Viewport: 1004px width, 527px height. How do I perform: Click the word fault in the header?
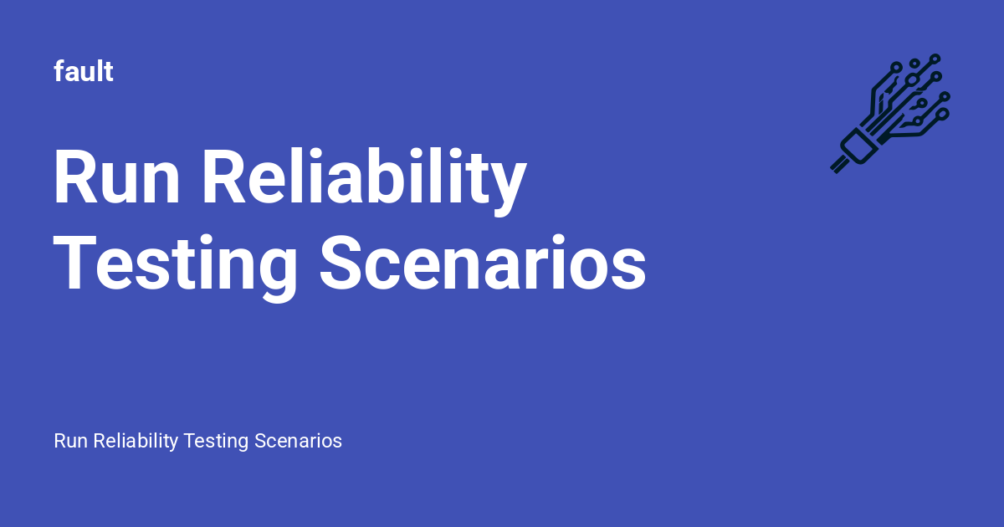click(x=84, y=72)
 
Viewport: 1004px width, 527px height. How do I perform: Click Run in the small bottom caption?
click(x=70, y=441)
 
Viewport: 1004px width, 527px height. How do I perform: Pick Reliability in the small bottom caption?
click(x=135, y=441)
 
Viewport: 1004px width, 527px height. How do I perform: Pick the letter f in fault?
click(x=59, y=72)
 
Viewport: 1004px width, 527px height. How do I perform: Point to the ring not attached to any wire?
click(x=914, y=64)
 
